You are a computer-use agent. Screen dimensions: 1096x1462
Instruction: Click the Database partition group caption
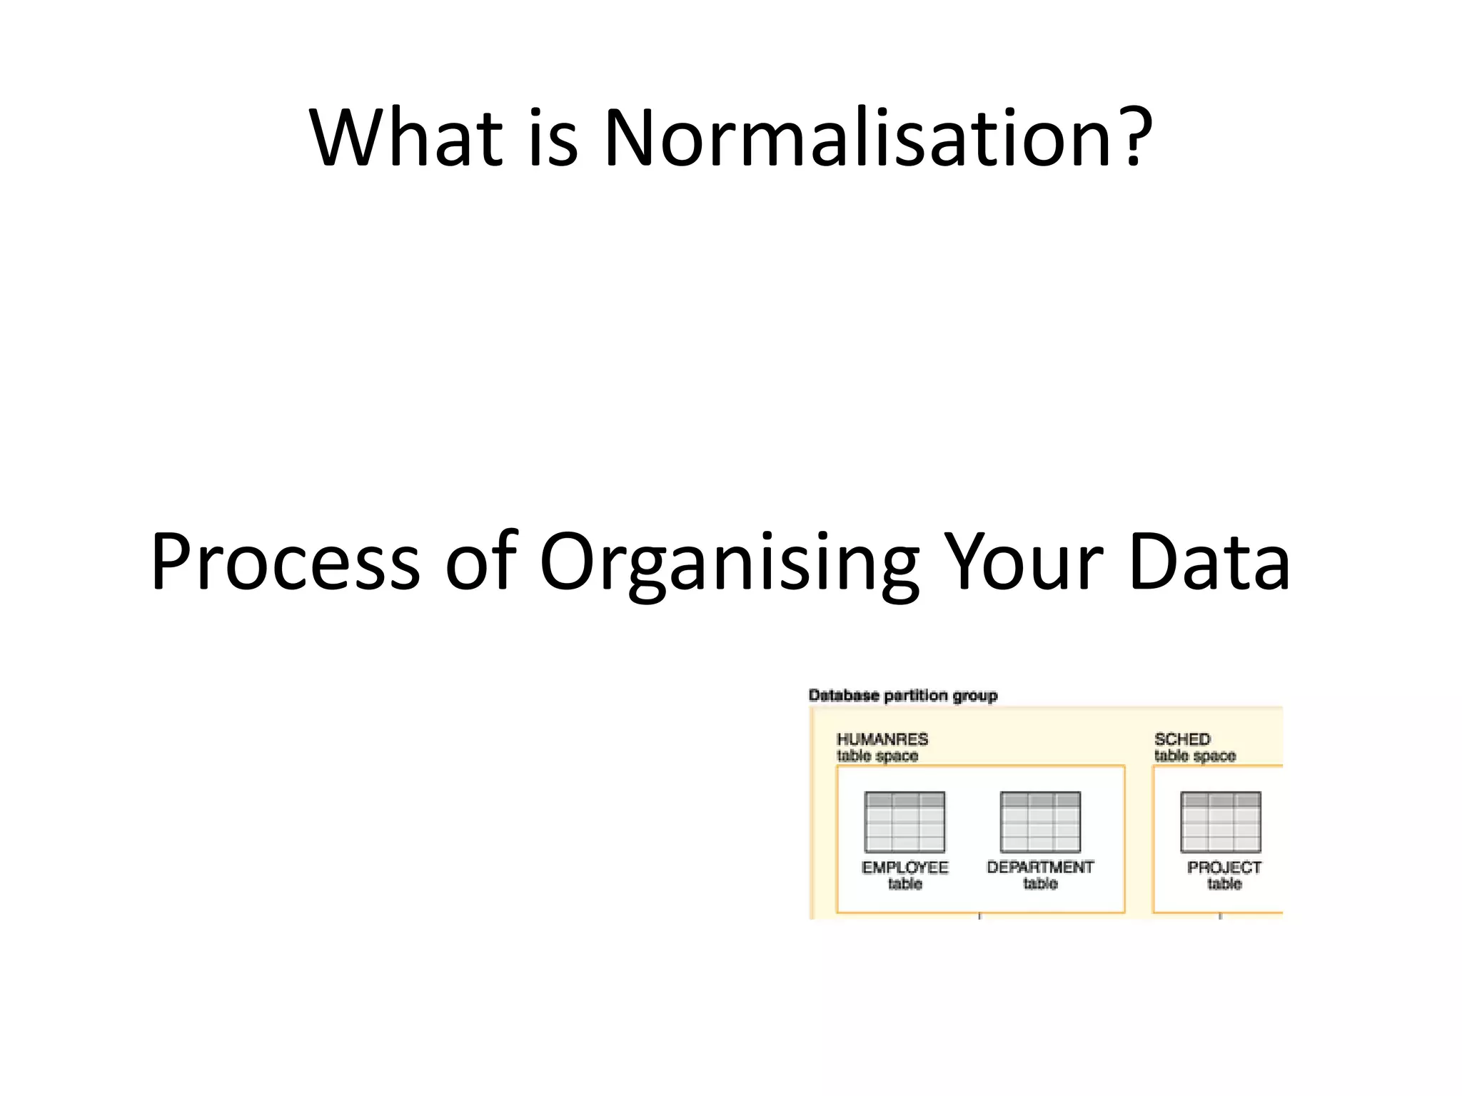pyautogui.click(x=902, y=695)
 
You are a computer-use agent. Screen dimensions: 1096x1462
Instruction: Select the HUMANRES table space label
pyautogui.click(x=882, y=747)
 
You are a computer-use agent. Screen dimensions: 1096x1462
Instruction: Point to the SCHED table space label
pyautogui.click(x=1194, y=747)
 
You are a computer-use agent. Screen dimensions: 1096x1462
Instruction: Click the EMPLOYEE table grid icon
pyautogui.click(x=904, y=822)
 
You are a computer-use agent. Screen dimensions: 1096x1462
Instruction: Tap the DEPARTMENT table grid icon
pyautogui.click(x=1040, y=822)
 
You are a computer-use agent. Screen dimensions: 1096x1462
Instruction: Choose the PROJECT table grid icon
pyautogui.click(x=1221, y=822)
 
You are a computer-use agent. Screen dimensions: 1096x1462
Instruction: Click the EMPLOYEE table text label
pyautogui.click(x=904, y=876)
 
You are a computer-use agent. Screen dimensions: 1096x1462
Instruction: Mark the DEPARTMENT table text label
pyautogui.click(x=1040, y=876)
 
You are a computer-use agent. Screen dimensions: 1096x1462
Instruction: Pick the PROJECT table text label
pyautogui.click(x=1224, y=876)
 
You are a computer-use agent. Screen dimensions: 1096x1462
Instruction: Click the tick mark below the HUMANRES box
pyautogui.click(x=979, y=916)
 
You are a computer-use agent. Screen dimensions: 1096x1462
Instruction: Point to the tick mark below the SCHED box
pyautogui.click(x=1220, y=916)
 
